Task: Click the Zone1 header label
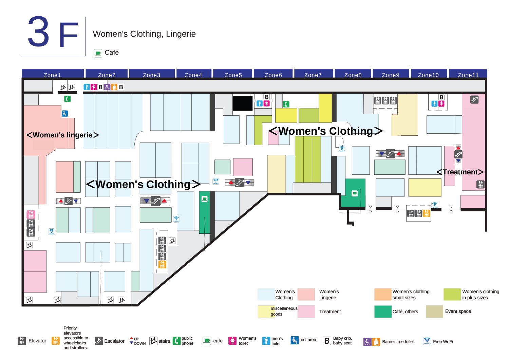point(52,75)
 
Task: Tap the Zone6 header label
point(273,75)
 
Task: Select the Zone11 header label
point(468,75)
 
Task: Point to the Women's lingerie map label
point(63,135)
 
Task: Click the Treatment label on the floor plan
point(460,172)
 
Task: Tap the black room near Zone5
point(242,103)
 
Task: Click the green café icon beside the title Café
point(98,53)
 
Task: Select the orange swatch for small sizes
point(383,295)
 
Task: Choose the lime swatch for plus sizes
point(452,295)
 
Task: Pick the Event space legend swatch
point(434,311)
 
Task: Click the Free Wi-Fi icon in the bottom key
point(427,341)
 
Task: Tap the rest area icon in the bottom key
point(295,340)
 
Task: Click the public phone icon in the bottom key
point(176,341)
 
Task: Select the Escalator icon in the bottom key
point(99,341)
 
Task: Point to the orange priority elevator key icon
point(55,341)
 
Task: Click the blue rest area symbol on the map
point(65,114)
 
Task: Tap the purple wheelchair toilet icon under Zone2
point(107,87)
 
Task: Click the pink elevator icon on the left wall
point(31,214)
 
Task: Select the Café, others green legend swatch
point(383,311)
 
